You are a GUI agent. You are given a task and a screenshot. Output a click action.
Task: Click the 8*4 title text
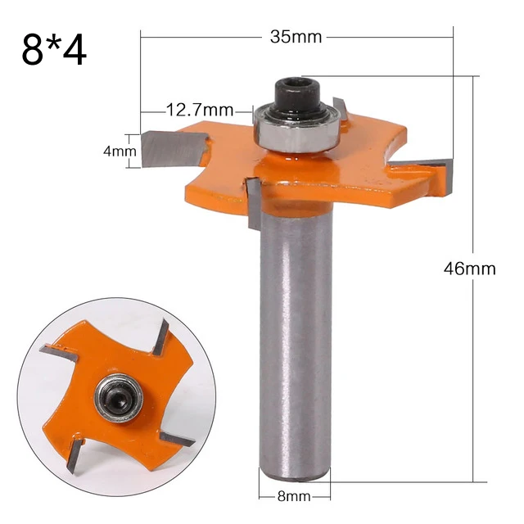(x=55, y=52)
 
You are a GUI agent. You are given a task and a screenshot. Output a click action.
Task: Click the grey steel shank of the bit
(x=295, y=327)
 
